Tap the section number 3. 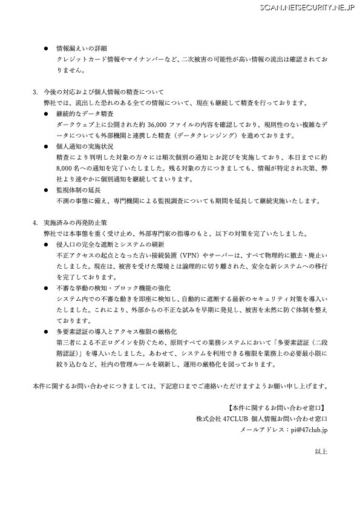[x=34, y=91]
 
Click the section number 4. [x=34, y=223]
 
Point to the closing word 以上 [x=321, y=452]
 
